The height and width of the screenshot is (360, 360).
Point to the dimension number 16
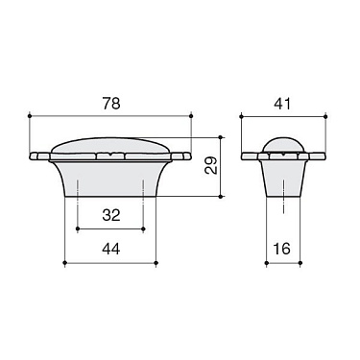(280, 248)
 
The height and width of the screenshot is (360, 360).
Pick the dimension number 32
(110, 216)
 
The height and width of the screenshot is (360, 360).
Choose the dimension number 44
(110, 248)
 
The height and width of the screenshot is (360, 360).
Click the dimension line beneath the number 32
(110, 229)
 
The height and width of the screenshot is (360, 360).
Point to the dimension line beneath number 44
(110, 261)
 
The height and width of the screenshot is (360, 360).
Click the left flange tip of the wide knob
(35, 156)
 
